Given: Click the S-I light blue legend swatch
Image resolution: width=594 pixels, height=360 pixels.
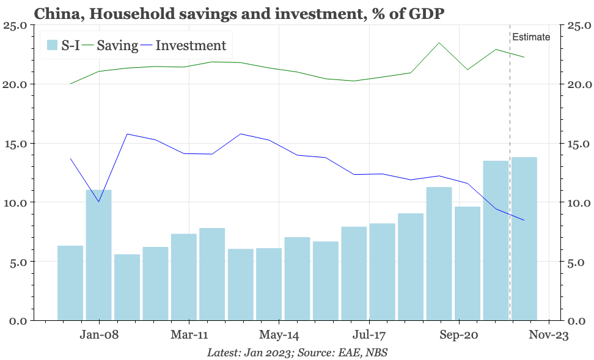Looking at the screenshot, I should [x=53, y=45].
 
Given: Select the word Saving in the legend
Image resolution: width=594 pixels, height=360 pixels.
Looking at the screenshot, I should [x=117, y=45].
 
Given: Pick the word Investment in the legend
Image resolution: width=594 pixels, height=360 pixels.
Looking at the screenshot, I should [x=191, y=45].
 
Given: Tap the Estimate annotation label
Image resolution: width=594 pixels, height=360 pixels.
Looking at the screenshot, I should [x=530, y=37].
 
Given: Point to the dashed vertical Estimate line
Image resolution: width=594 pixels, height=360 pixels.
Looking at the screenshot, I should [x=510, y=183].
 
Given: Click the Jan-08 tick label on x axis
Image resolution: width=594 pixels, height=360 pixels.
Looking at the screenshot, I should [x=99, y=335].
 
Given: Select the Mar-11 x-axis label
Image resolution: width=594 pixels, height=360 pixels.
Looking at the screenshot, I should [x=189, y=335].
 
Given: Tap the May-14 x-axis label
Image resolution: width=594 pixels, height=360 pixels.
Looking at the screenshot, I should [x=279, y=335].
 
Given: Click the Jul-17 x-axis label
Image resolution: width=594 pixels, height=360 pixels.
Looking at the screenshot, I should [x=369, y=335].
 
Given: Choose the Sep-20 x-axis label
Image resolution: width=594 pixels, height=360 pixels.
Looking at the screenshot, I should [x=458, y=335].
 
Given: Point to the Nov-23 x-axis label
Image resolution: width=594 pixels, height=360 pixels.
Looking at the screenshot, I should [x=548, y=335].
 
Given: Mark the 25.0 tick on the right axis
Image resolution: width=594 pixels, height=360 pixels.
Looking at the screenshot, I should [x=579, y=26].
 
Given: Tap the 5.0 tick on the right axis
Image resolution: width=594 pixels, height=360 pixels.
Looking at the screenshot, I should [x=577, y=262].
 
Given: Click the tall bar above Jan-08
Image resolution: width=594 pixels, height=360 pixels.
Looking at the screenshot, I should [x=98, y=257].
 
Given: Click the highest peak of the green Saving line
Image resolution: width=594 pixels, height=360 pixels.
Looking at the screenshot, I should [x=439, y=43].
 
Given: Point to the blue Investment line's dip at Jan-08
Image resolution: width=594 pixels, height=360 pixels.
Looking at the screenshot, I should [x=98, y=202].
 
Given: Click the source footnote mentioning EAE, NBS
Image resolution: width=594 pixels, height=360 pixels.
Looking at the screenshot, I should [x=297, y=353].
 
